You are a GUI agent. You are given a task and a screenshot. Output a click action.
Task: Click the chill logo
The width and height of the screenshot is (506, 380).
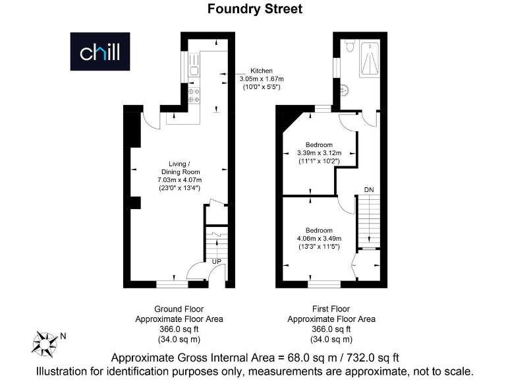pos(100,51)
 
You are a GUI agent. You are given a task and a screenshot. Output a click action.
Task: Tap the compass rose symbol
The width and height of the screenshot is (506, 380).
pos(45,342)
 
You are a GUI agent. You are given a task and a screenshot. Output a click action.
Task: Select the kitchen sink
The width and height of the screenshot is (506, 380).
pos(194,64)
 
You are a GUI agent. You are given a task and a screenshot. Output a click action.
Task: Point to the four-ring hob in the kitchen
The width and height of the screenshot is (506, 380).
pos(194,96)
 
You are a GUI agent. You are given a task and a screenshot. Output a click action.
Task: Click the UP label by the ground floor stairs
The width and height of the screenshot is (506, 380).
pos(215,262)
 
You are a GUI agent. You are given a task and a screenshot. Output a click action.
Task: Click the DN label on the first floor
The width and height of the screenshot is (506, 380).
pos(369,190)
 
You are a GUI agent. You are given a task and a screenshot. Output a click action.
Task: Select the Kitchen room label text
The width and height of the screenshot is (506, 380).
pos(260,71)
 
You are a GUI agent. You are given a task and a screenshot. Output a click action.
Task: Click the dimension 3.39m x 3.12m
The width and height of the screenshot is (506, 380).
pos(319,152)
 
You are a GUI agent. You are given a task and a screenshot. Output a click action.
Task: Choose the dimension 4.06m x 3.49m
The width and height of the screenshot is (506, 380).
pos(319,238)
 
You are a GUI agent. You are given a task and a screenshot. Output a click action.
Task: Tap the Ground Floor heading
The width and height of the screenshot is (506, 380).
pos(179,309)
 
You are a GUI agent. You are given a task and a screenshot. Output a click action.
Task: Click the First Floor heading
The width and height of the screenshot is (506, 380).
pos(331,309)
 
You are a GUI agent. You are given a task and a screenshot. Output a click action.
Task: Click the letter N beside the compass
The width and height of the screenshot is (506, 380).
pos(63,336)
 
